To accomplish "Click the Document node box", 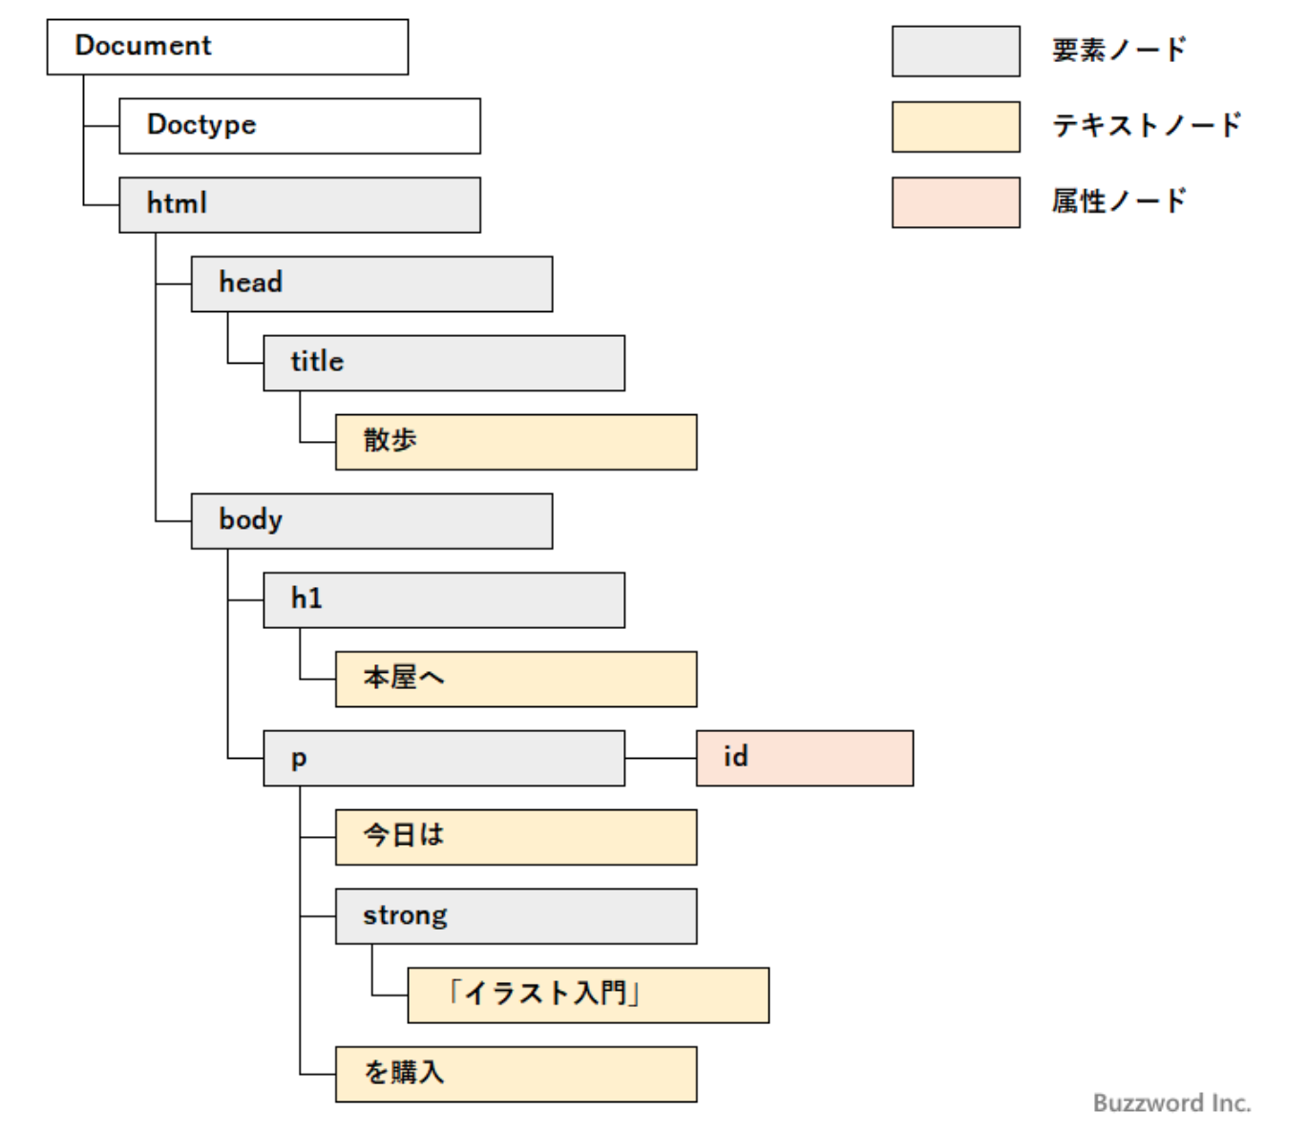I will point(227,47).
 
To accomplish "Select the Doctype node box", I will point(299,125).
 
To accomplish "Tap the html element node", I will point(299,204).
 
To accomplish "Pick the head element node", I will point(371,283).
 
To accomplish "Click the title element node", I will point(444,363).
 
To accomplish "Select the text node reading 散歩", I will point(516,442).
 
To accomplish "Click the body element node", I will point(371,521).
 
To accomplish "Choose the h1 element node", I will point(444,600).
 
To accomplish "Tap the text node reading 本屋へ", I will point(516,680).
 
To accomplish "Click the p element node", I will point(444,759).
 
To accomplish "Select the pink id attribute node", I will point(804,759).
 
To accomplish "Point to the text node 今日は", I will point(516,837).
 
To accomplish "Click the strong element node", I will point(516,916).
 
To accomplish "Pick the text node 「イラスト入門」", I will point(588,996).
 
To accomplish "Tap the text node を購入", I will point(516,1075).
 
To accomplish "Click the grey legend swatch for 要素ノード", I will point(956,52).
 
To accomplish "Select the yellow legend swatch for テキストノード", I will point(956,127).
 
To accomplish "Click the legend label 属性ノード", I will point(1118,201).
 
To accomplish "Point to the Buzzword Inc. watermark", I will point(1171,1103).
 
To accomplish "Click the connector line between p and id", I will point(661,759).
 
